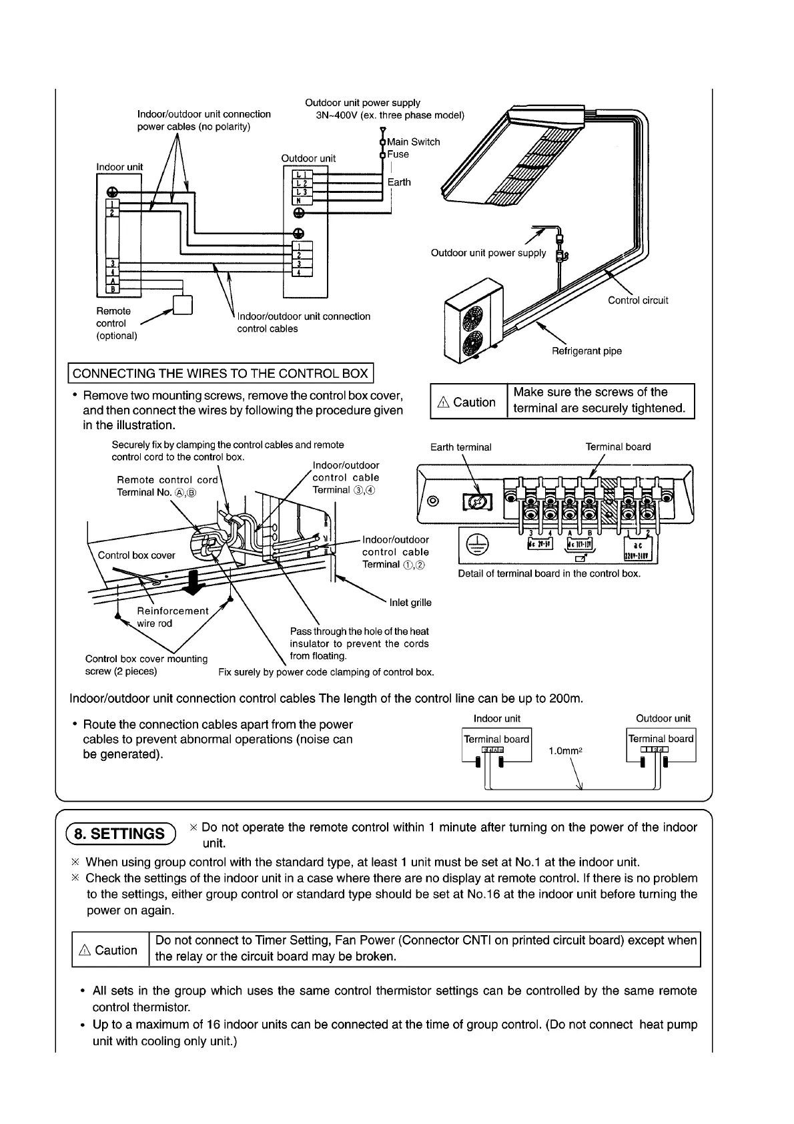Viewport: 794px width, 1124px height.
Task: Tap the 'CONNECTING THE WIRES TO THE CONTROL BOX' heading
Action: click(x=220, y=373)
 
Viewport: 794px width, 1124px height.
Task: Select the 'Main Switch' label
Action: click(x=414, y=142)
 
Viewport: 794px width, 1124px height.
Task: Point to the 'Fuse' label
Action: click(x=398, y=154)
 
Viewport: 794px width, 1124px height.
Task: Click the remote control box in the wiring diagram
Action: click(x=182, y=304)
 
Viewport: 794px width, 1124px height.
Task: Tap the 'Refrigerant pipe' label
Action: click(x=586, y=351)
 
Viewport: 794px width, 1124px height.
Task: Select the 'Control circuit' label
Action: click(x=638, y=300)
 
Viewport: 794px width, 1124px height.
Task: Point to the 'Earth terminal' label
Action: click(x=460, y=447)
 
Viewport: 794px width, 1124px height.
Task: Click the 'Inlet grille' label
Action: click(x=410, y=603)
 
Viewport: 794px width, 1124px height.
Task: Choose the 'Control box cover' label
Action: click(x=136, y=555)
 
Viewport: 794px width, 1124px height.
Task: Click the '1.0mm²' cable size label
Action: click(x=566, y=751)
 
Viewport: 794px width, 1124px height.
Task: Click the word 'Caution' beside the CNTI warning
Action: click(x=116, y=950)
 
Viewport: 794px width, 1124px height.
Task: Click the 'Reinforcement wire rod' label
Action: click(x=171, y=617)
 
